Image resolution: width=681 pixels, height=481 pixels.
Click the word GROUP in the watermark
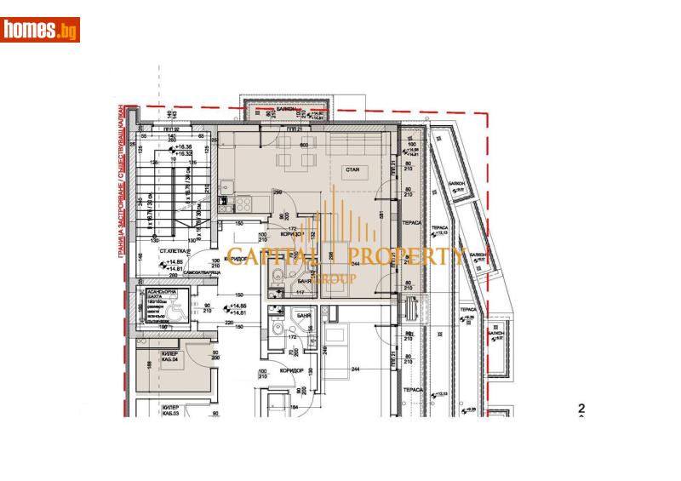(330, 278)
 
